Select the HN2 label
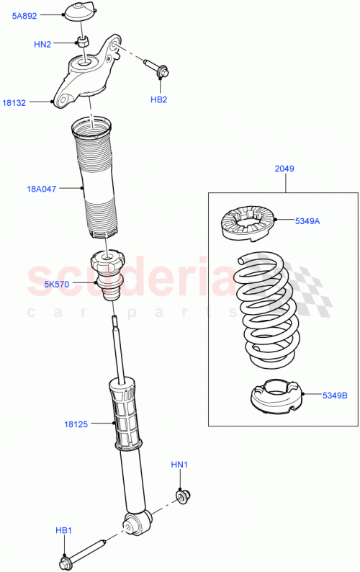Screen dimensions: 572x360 point(42,44)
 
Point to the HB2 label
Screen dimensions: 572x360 point(159,99)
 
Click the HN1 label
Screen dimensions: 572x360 point(179,465)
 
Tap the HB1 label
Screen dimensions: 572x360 point(65,531)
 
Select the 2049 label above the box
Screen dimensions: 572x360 point(284,169)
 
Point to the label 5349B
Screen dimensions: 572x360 point(336,394)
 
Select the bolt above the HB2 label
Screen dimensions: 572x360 point(156,69)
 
